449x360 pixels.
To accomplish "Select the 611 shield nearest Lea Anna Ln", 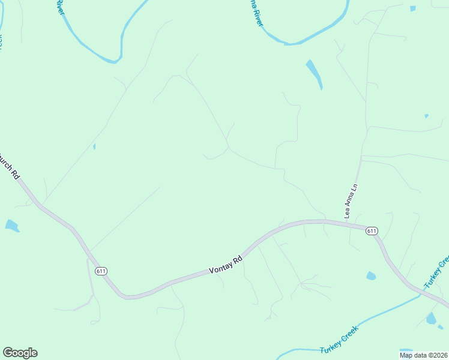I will coord(372,230).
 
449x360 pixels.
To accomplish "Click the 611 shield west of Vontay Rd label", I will coord(101,271).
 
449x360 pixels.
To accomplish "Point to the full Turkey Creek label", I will coord(339,340).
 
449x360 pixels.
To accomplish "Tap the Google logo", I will coord(20,353).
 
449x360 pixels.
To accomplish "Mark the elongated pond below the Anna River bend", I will coord(314,73).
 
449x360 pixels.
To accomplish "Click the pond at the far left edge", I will coord(11,226).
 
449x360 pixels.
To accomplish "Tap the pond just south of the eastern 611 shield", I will coord(371,276).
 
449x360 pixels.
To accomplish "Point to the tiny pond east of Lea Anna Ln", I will coord(426,116).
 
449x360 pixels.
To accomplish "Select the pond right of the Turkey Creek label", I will coord(431,319).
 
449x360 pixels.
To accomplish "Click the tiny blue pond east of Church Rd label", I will coord(94,146).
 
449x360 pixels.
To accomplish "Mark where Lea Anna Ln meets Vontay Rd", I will coord(347,224).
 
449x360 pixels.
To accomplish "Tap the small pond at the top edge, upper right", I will coord(412,8).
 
